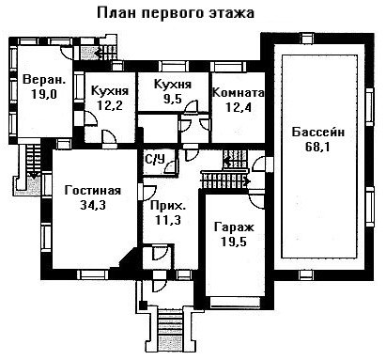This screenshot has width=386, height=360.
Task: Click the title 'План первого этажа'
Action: pos(176,14)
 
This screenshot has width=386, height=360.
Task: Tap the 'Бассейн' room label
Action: pos(318,132)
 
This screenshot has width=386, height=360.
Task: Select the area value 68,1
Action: pos(317,147)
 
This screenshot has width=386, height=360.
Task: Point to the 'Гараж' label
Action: pos(234,227)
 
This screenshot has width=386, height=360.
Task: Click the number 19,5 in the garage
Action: pos(234,242)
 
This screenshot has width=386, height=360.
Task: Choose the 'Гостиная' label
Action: pos(93,191)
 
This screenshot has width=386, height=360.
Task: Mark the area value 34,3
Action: pos(93,205)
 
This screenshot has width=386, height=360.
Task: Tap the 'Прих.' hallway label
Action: pos(168,207)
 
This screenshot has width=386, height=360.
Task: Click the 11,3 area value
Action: pos(168,220)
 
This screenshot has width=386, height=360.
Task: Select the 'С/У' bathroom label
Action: pos(155,160)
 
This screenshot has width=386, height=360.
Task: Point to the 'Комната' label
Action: pos(238,93)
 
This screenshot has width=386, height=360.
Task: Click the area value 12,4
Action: pos(239,107)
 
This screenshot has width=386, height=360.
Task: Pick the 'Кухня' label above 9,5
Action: pos(173,85)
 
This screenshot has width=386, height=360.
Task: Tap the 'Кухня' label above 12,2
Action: pos(110,90)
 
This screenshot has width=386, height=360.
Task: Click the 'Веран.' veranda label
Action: pos(44,79)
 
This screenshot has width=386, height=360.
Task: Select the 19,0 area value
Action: pos(44,94)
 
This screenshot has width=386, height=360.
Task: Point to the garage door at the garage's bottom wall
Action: pos(236,302)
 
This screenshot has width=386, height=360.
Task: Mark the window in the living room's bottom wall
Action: pos(93,274)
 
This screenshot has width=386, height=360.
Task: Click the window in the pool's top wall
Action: pos(307,39)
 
